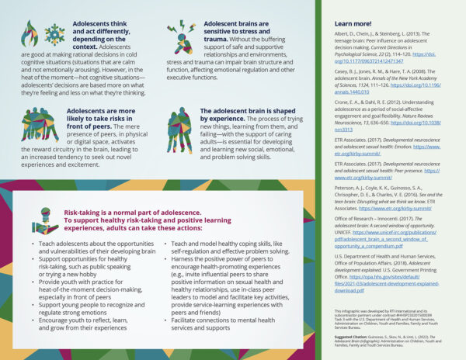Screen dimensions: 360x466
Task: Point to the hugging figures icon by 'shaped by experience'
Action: click(179, 124)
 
